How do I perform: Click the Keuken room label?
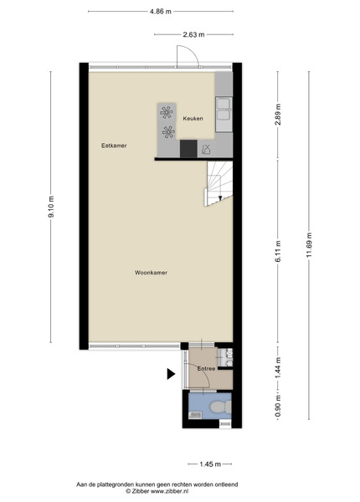point(193,119)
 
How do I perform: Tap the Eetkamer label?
point(114,146)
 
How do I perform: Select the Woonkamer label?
point(151,273)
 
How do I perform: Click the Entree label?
point(206,369)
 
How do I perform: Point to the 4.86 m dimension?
point(161,12)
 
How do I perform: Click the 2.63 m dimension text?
point(193,34)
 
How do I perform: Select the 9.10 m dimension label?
point(51,207)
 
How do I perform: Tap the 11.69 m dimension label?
point(309,244)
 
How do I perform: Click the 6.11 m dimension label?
point(278,251)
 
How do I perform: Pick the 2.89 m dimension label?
point(278,115)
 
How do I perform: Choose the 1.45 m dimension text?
point(210,464)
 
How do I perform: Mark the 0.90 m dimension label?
point(278,407)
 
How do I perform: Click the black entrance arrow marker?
point(171,374)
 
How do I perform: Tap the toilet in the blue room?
point(220,407)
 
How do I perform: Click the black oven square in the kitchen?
point(188,149)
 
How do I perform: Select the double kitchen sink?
point(224,115)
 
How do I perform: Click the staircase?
point(219,183)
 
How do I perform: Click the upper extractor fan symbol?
point(167,112)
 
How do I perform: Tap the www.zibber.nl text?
point(169,491)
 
